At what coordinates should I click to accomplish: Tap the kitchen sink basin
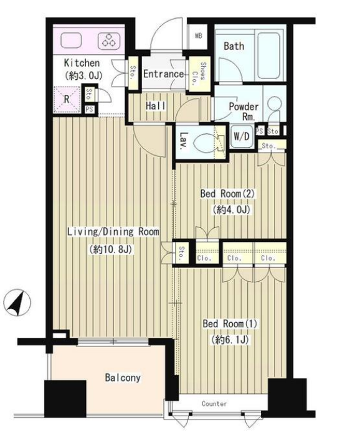(71, 40)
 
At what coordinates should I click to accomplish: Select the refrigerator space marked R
(67, 99)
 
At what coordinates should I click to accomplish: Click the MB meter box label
(199, 36)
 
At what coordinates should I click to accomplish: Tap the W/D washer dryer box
(242, 136)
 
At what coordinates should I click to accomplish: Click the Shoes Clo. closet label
(199, 74)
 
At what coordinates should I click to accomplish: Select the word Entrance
(163, 74)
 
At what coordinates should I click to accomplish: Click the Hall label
(156, 106)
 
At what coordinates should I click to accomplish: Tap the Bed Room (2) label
(227, 194)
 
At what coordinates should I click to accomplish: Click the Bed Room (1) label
(230, 323)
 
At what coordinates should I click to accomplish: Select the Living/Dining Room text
(113, 232)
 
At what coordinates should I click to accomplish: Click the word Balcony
(123, 378)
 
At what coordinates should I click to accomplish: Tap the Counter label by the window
(214, 403)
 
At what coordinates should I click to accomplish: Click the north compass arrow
(17, 303)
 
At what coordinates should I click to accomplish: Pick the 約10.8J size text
(111, 249)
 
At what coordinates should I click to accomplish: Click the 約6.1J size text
(229, 340)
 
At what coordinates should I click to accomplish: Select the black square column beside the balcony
(65, 399)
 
